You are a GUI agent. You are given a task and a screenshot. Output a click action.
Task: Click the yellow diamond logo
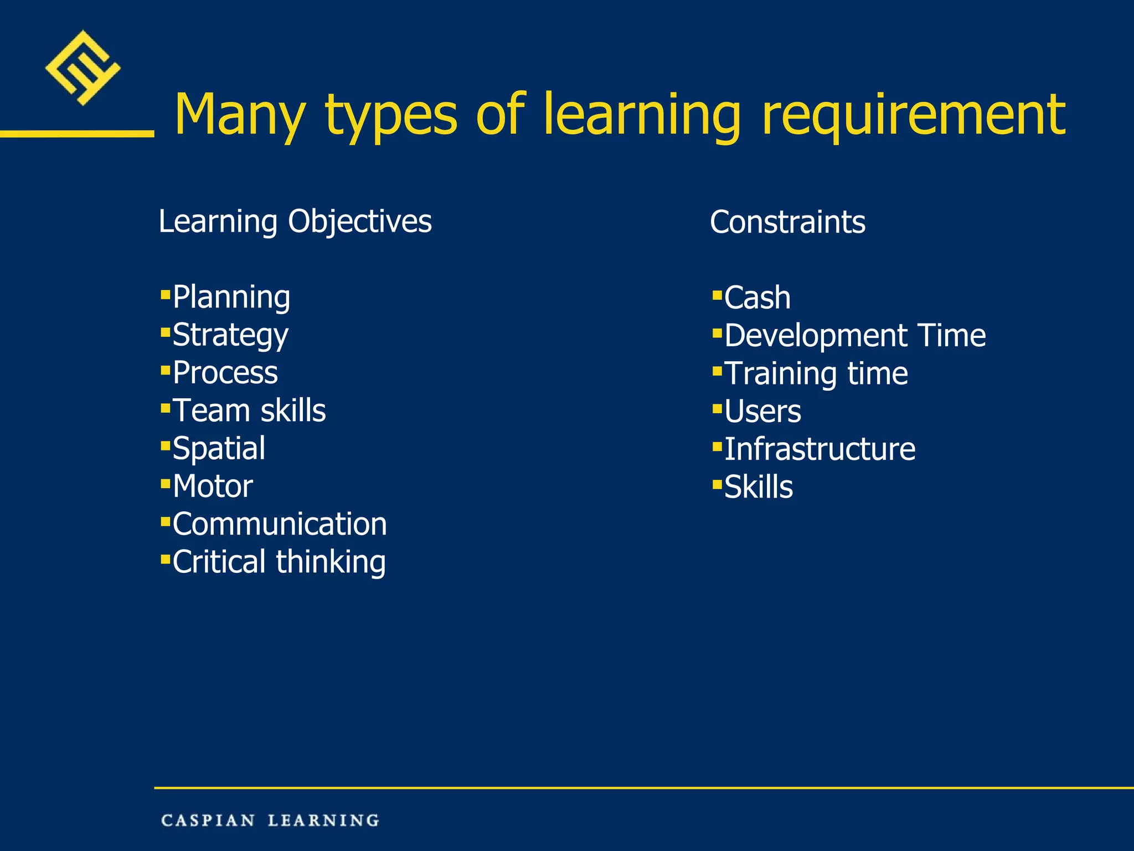[83, 68]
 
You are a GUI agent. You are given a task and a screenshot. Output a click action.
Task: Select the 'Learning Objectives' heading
[295, 222]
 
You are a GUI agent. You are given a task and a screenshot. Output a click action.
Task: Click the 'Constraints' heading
[787, 222]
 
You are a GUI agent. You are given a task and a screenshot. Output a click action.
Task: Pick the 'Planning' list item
[231, 297]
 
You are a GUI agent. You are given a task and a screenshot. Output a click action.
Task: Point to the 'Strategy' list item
[230, 335]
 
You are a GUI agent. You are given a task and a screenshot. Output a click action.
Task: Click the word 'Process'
[225, 372]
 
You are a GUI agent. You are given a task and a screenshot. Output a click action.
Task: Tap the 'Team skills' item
[249, 411]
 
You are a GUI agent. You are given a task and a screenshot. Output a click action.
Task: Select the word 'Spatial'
[219, 448]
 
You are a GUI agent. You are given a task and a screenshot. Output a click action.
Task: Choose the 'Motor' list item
[213, 486]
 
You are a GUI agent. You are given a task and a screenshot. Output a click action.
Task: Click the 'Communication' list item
[280, 524]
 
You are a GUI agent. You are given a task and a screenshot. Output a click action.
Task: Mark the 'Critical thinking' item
[279, 562]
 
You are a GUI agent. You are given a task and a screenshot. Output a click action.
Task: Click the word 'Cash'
[757, 298]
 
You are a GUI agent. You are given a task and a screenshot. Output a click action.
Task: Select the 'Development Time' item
[855, 335]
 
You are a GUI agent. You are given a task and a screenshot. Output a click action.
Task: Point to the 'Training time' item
[816, 373]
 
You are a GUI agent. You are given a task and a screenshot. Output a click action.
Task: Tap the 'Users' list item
[762, 411]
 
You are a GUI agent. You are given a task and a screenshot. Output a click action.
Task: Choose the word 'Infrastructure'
[819, 449]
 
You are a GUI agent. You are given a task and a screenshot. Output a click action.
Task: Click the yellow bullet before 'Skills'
[718, 485]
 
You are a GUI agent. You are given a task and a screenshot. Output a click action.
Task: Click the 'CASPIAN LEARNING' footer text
[270, 820]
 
